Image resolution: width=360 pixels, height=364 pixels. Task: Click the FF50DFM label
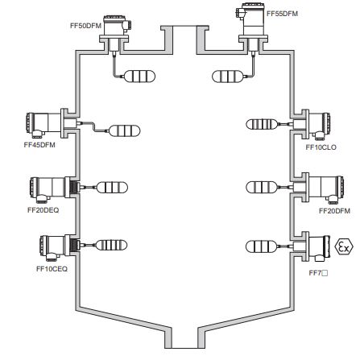click(85, 26)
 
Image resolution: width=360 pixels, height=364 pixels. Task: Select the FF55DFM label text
click(282, 14)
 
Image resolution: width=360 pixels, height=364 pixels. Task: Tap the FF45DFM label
click(39, 145)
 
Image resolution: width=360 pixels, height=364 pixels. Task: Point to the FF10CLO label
click(321, 147)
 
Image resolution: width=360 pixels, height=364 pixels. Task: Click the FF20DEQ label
click(43, 210)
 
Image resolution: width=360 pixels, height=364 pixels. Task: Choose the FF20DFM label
click(334, 211)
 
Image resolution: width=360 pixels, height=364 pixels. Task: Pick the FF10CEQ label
click(52, 269)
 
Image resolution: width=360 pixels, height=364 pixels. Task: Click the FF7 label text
click(315, 273)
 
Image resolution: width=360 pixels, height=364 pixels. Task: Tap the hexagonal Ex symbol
click(344, 246)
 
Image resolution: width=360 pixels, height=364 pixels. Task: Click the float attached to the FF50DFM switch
click(140, 77)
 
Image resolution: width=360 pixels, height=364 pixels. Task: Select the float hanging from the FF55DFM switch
click(227, 77)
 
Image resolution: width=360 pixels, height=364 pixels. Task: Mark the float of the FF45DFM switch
click(125, 130)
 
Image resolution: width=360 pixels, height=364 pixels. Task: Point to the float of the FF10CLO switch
click(261, 124)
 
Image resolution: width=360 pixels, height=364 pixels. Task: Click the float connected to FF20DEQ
click(112, 188)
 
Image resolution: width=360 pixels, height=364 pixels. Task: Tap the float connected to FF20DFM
click(261, 187)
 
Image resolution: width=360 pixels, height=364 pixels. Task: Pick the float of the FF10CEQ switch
click(111, 246)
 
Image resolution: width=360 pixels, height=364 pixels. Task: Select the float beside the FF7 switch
click(261, 246)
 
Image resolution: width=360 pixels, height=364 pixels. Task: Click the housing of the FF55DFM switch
click(252, 20)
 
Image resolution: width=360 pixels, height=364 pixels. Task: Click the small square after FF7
click(325, 274)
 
